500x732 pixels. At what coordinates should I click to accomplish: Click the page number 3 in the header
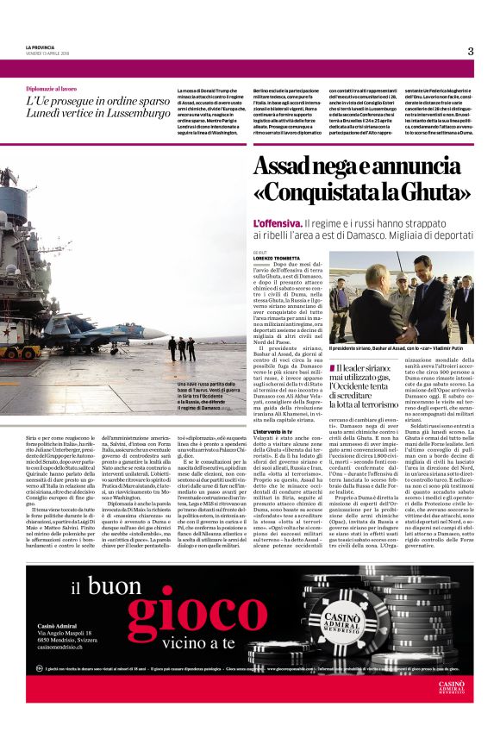[471, 51]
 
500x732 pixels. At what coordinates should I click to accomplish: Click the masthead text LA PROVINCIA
[40, 47]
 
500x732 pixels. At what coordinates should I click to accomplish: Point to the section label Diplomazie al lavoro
[52, 89]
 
